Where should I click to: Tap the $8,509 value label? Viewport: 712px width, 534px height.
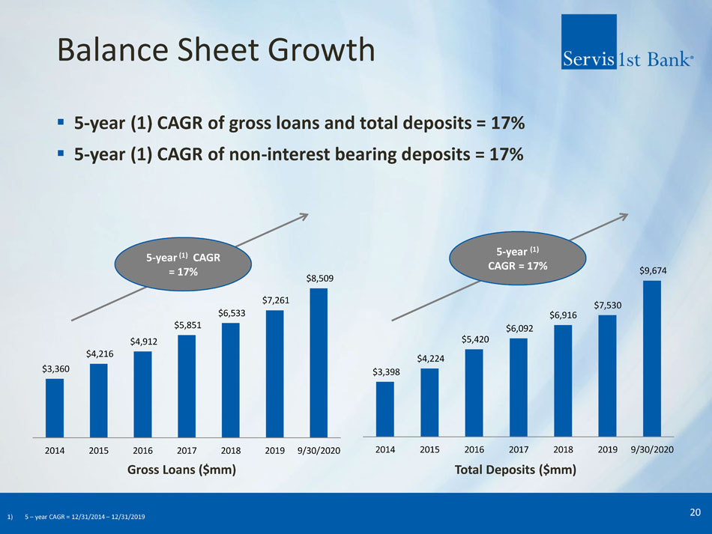point(320,279)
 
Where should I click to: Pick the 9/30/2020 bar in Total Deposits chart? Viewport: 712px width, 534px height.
point(652,358)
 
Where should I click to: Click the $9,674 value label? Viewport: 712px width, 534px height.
point(652,270)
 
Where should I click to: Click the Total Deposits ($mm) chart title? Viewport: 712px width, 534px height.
point(516,470)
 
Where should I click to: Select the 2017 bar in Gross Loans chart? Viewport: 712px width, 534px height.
point(187,386)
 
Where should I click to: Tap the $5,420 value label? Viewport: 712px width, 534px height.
point(475,339)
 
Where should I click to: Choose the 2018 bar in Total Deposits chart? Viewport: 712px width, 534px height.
point(564,380)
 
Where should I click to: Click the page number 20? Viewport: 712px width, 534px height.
point(695,512)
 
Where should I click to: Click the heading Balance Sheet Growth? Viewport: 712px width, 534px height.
point(216,51)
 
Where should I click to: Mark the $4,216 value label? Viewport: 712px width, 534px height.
point(100,354)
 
